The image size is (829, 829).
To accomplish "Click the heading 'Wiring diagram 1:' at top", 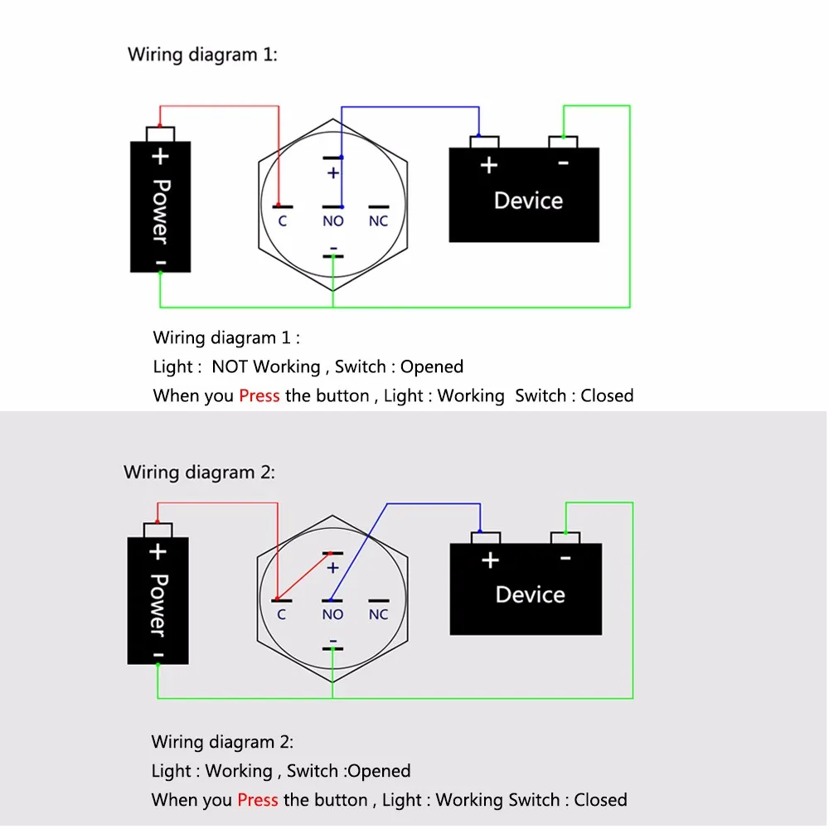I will point(202,55).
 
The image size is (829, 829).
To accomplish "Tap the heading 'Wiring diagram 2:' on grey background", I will point(199,473).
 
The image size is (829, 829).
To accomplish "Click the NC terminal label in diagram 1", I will point(378,221).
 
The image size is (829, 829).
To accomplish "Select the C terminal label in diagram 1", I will point(282,221).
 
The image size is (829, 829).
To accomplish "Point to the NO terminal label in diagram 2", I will point(332,614).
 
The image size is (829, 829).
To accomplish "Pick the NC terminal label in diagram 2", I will point(378,614).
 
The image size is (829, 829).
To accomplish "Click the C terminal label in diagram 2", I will point(282,614).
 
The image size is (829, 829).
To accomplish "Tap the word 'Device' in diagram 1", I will point(528,201).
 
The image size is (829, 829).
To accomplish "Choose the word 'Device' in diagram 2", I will point(530,594).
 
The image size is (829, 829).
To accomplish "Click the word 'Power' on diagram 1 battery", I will point(160,211).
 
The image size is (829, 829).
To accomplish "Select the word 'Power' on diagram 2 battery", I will point(158,605).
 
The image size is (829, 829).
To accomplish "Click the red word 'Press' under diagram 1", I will point(259,395).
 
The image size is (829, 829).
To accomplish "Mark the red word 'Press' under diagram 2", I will point(257,800).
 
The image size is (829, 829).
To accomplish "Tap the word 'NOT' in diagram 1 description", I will point(230,366).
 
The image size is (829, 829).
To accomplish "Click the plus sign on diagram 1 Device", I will point(489,165).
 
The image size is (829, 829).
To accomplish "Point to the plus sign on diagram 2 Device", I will point(490,560).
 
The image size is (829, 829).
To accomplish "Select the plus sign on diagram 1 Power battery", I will point(160,156).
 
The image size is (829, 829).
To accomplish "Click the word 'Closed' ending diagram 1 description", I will point(607,395).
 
